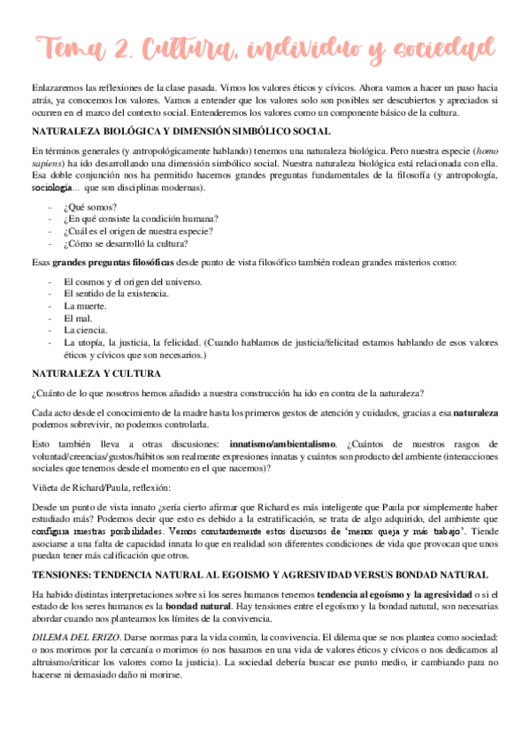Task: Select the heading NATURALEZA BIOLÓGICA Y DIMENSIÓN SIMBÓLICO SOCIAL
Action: tap(181, 131)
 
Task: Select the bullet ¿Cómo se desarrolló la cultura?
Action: tap(126, 243)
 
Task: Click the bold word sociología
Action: tap(51, 187)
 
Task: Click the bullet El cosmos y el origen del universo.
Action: tap(134, 280)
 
